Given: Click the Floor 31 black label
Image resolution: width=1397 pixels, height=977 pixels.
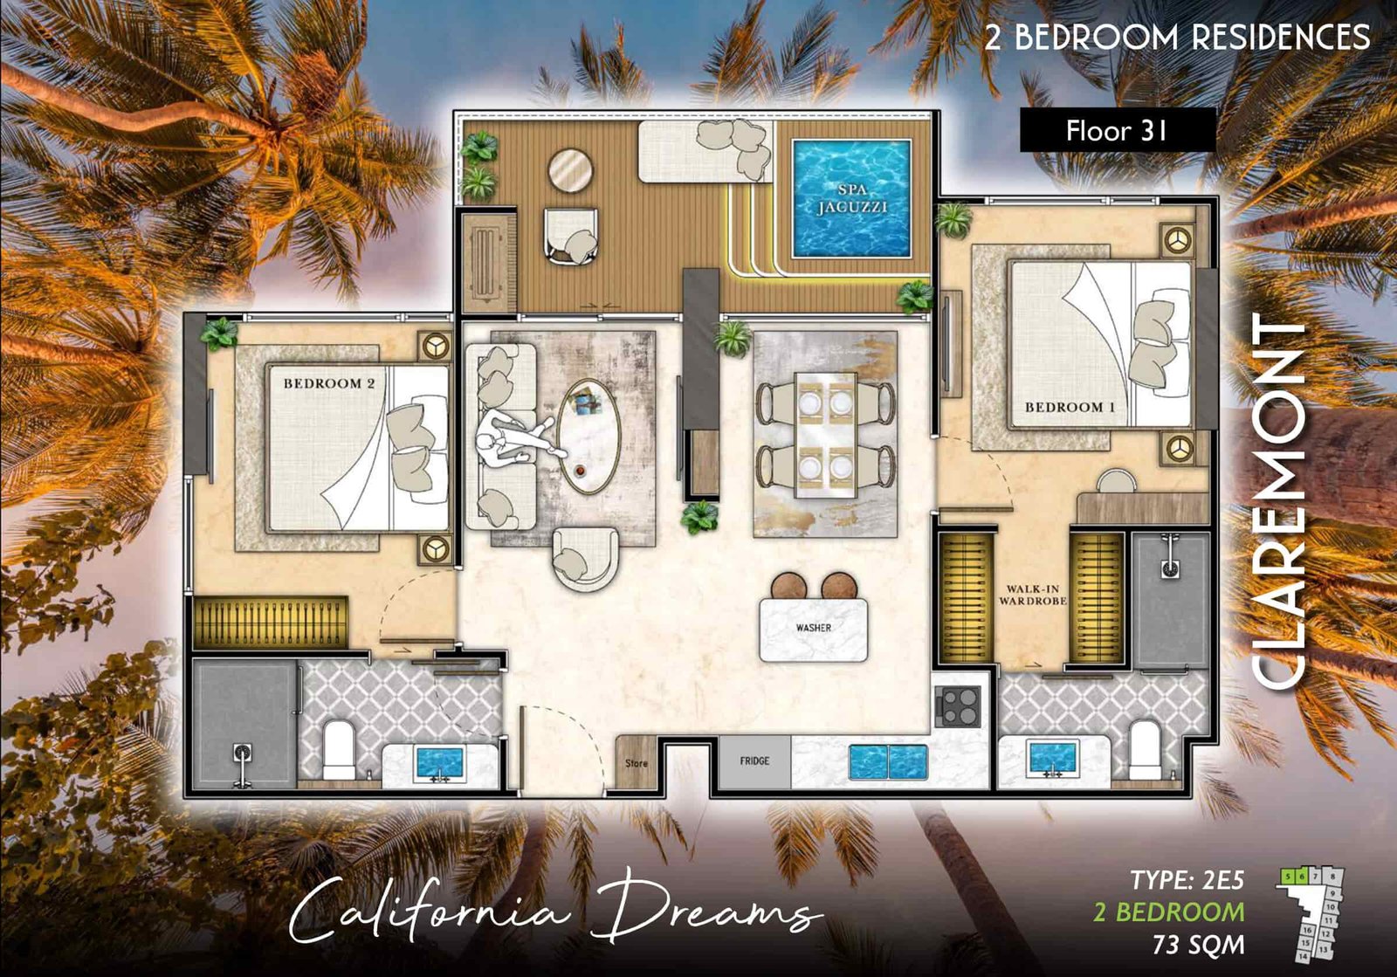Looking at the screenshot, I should pyautogui.click(x=1117, y=131).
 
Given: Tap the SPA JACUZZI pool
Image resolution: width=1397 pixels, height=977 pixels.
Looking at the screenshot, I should pyautogui.click(x=851, y=199).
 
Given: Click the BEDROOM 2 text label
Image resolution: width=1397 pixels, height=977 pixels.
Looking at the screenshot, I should pyautogui.click(x=328, y=383).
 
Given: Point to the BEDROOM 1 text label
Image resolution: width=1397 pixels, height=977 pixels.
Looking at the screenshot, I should pyautogui.click(x=1070, y=407).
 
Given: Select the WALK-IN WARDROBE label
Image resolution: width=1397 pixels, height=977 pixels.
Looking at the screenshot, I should pyautogui.click(x=1032, y=595).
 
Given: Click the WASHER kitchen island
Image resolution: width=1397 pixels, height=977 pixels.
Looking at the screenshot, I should pyautogui.click(x=813, y=629).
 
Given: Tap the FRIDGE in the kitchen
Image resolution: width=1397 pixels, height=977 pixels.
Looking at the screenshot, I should pyautogui.click(x=754, y=761).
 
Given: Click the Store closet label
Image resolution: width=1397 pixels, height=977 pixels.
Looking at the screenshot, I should pyautogui.click(x=636, y=763).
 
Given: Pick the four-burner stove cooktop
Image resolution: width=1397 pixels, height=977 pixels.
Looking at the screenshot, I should pyautogui.click(x=959, y=705).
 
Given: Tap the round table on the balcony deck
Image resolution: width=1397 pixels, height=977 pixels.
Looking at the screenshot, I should pyautogui.click(x=571, y=169).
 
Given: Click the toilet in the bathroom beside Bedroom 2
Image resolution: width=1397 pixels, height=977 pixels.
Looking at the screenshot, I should pyautogui.click(x=339, y=749).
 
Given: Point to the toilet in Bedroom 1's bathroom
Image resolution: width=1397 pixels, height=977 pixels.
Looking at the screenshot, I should pyautogui.click(x=1143, y=749).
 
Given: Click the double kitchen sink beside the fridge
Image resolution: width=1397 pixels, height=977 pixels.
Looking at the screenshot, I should pyautogui.click(x=888, y=761).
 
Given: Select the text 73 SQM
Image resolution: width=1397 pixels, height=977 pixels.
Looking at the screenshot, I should pyautogui.click(x=1198, y=945).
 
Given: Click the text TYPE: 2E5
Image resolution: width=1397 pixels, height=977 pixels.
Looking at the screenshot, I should pyautogui.click(x=1187, y=880).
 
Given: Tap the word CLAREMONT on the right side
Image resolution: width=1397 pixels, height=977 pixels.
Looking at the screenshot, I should pyautogui.click(x=1279, y=502).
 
